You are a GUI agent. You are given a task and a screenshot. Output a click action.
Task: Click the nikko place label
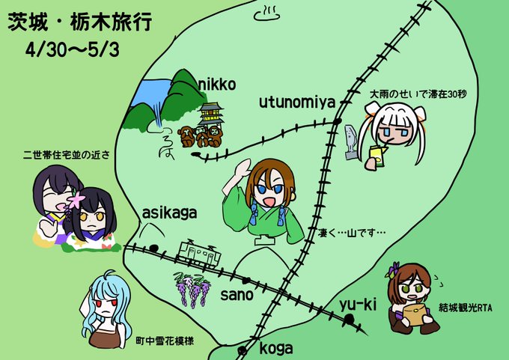218,85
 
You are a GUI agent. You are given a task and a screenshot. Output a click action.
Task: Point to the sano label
237,294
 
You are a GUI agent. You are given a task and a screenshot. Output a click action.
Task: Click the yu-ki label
356,303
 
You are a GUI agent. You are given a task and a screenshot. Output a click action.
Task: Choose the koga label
276,348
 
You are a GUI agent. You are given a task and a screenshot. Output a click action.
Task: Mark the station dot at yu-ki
349,320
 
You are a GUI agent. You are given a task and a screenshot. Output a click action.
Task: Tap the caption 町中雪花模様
165,341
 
